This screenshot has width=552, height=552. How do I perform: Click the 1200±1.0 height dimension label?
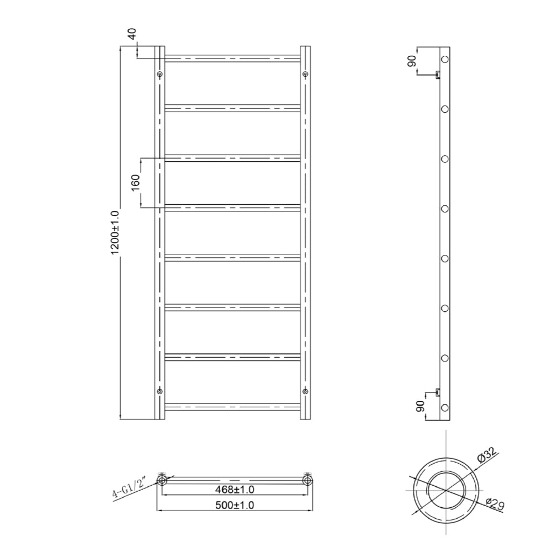(115, 232)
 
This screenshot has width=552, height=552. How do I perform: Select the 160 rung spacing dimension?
(135, 183)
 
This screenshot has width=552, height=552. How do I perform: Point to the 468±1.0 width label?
(236, 490)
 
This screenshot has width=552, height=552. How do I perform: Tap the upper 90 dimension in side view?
(412, 61)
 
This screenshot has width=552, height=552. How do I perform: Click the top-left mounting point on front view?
(160, 74)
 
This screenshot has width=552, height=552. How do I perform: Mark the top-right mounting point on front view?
(305, 74)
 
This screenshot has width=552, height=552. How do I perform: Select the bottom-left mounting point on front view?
(160, 391)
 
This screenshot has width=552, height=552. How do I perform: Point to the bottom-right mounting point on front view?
(305, 391)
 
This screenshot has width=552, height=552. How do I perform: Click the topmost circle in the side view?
(445, 59)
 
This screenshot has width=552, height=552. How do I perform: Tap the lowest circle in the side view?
(445, 408)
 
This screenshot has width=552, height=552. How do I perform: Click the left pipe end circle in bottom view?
(162, 481)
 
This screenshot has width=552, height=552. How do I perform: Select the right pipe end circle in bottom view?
(307, 481)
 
